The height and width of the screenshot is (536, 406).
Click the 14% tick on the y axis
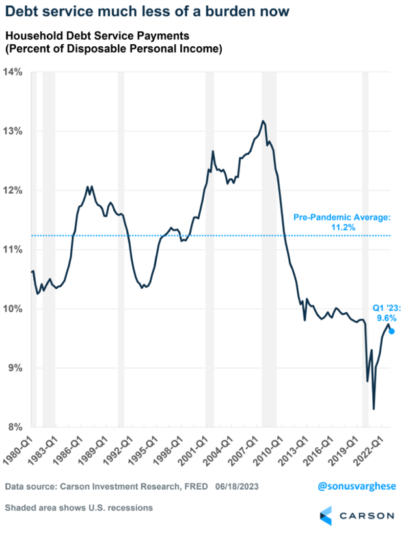coord(14,72)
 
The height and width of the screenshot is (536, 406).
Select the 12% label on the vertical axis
coord(14,191)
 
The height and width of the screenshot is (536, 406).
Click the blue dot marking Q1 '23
coord(391,331)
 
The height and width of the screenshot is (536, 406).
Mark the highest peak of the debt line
coord(263,121)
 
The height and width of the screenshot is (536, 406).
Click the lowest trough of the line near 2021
coord(373,409)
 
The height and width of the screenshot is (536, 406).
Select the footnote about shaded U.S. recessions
coord(79,507)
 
